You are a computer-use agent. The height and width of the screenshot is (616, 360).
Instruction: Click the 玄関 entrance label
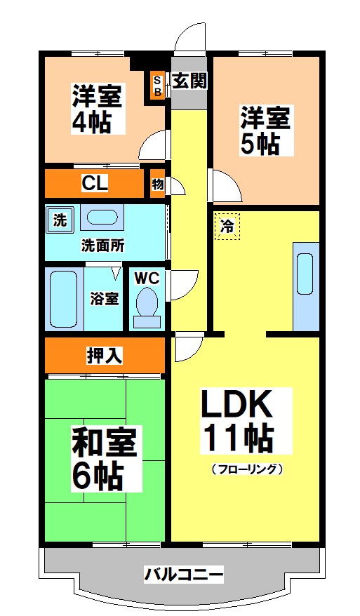(x=189, y=81)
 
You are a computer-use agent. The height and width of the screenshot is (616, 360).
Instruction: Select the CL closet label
(x=94, y=184)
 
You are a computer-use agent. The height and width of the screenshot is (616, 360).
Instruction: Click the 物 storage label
(x=157, y=185)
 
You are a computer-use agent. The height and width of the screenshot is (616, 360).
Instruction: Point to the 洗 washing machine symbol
(x=60, y=220)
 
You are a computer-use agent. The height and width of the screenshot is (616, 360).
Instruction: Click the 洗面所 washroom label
(x=102, y=246)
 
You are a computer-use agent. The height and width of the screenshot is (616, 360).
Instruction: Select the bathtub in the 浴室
(x=64, y=298)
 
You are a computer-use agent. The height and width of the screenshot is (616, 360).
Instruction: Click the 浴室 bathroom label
(x=104, y=298)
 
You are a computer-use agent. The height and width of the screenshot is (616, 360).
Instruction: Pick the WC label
(x=147, y=277)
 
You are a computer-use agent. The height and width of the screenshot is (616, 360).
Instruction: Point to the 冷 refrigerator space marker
(x=227, y=226)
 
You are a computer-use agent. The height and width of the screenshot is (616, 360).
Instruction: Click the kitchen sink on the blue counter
(x=305, y=272)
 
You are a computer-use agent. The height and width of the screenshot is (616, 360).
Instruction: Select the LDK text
(x=236, y=405)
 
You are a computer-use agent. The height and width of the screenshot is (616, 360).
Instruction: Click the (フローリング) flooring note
(x=246, y=469)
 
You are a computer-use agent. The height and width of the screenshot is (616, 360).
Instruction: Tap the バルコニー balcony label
(x=184, y=575)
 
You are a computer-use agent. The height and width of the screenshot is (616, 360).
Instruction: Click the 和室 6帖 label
(x=105, y=459)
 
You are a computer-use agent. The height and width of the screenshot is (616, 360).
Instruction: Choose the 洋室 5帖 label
(x=266, y=130)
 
